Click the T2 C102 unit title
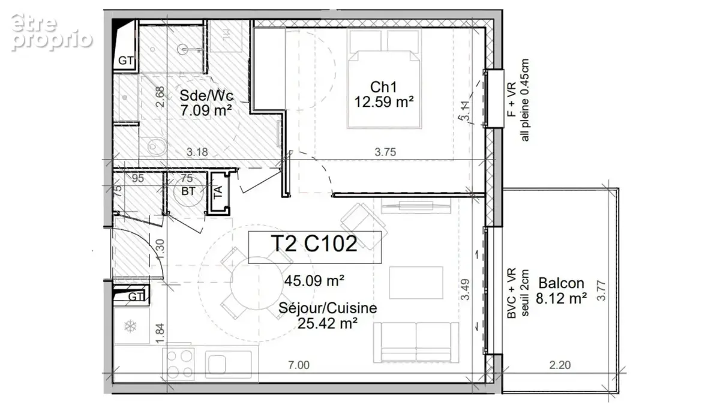click(314, 244)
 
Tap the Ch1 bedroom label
click(383, 87)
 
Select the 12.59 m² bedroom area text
click(384, 102)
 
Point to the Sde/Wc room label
click(206, 95)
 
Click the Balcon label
click(561, 283)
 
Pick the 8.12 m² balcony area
click(561, 298)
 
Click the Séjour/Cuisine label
click(328, 308)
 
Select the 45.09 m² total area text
click(314, 281)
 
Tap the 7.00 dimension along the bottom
click(299, 365)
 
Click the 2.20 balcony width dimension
click(560, 365)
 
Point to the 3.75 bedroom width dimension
click(385, 152)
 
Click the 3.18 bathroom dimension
click(197, 152)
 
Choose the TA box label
click(218, 192)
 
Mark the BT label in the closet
click(188, 191)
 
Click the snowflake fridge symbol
click(130, 326)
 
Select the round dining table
click(257, 283)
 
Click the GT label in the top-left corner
click(125, 61)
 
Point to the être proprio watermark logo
click(52, 32)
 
